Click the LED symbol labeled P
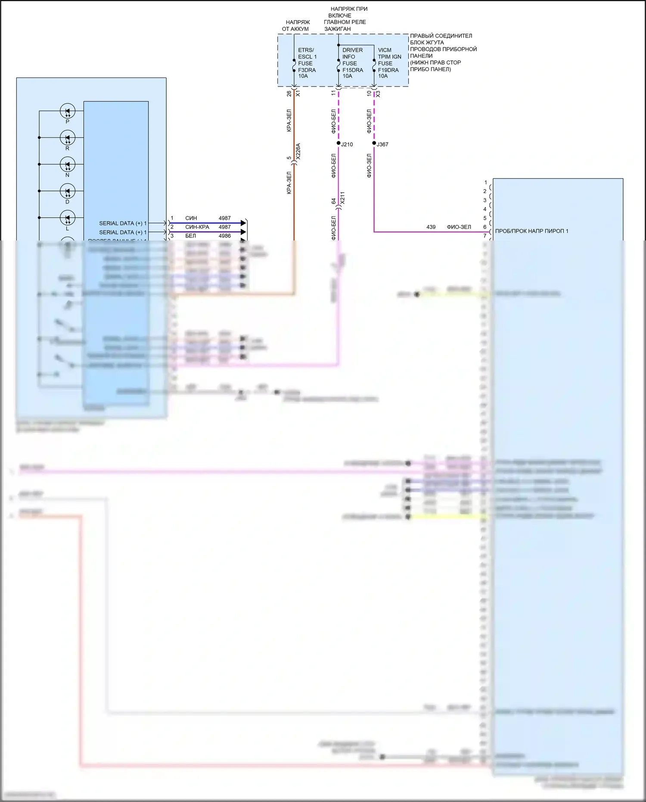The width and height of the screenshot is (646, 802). (68, 111)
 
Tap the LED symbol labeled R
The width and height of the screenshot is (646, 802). (68, 138)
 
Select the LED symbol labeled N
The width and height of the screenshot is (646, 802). (68, 165)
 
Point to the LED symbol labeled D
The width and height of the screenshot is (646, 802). (68, 191)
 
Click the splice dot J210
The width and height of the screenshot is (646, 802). (339, 143)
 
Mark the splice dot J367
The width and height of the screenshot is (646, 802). (374, 143)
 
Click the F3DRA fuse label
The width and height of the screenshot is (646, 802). (307, 70)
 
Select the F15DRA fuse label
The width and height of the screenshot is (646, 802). (352, 70)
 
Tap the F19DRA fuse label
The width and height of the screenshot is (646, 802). (388, 70)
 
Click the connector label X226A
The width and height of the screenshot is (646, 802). (298, 152)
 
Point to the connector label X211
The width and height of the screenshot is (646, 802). (342, 198)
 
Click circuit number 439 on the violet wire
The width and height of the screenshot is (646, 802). (431, 227)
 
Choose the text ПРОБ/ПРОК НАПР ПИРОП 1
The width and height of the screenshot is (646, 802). (531, 231)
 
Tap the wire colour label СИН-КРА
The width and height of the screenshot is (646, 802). (197, 227)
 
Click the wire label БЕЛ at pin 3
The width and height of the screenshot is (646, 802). (190, 236)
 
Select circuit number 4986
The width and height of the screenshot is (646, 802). (224, 236)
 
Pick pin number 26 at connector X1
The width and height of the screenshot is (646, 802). (289, 93)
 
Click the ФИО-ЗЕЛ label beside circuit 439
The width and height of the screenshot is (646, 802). (459, 227)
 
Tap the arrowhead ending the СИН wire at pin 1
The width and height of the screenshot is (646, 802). (243, 223)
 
